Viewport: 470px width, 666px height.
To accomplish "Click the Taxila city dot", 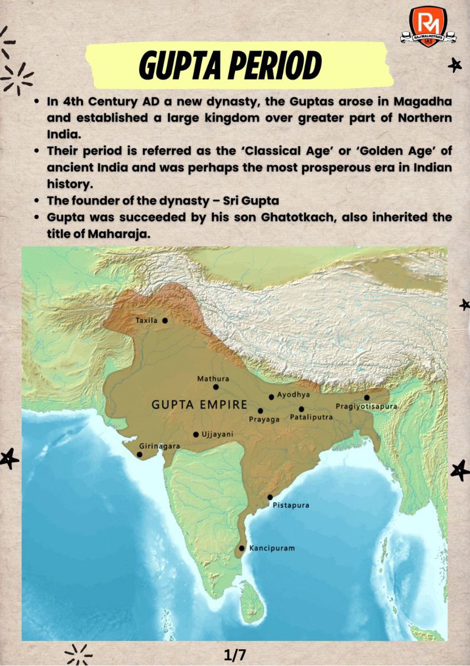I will pyautogui.click(x=165, y=321).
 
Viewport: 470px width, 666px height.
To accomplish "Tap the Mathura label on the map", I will pyautogui.click(x=213, y=379).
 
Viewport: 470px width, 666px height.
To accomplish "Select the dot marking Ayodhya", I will pyautogui.click(x=271, y=397).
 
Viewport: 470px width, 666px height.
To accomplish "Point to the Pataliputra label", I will pyautogui.click(x=311, y=417).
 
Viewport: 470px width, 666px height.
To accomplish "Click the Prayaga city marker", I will pyautogui.click(x=260, y=411).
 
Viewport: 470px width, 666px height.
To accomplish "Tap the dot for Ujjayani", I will pyautogui.click(x=196, y=434).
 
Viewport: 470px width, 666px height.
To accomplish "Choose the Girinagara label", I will pyautogui.click(x=160, y=446).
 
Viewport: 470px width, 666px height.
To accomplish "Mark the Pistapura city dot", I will pyautogui.click(x=270, y=497).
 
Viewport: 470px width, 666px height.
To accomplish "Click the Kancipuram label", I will pyautogui.click(x=272, y=548).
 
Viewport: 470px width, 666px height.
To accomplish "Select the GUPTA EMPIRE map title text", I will pyautogui.click(x=199, y=404).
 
